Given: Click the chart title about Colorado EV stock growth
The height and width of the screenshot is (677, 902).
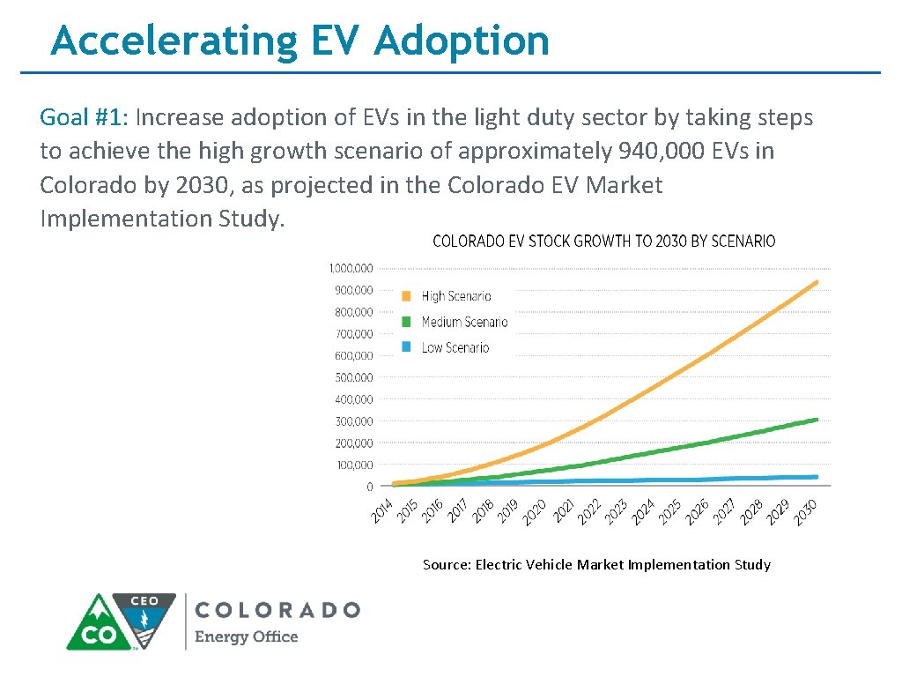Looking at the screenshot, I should click(603, 241).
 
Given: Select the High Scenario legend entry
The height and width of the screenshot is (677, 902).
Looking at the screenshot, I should click(455, 297).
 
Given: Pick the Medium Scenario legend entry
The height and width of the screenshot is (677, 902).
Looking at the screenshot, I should click(463, 323).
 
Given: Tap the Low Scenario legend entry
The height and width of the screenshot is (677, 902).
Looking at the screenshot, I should click(455, 348).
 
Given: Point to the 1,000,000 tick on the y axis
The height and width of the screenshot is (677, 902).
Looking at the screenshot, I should click(351, 268).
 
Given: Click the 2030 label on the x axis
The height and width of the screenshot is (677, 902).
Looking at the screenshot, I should click(805, 511).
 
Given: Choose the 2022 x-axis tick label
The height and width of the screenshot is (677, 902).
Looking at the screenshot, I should click(589, 511).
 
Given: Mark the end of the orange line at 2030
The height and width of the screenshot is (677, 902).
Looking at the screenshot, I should click(816, 283).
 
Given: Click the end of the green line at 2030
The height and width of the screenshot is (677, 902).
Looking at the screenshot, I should click(816, 420).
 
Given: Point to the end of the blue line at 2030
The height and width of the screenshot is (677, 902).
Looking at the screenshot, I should click(816, 477).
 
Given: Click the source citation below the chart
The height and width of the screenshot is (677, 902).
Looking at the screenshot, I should click(596, 564).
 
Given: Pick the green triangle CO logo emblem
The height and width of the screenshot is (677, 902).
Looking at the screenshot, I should click(99, 624).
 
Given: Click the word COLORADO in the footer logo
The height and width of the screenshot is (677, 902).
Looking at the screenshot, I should click(277, 610).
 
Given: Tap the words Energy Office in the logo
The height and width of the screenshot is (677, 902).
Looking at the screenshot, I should click(246, 637).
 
